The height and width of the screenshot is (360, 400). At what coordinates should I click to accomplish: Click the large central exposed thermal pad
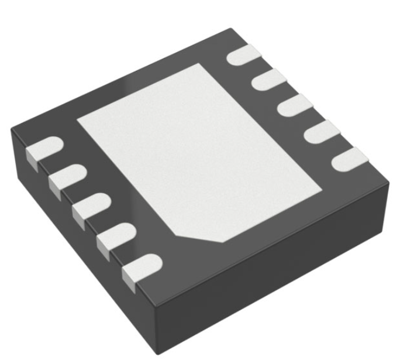[x=199, y=152]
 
